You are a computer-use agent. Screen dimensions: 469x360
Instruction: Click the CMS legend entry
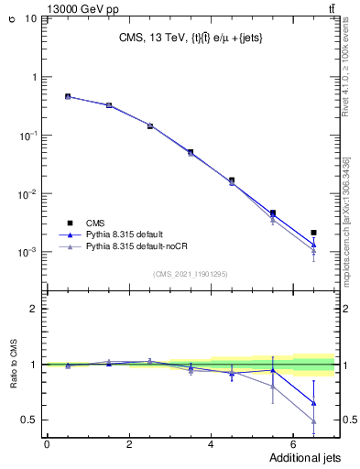point(94,223)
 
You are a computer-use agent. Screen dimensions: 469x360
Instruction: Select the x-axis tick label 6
point(293,443)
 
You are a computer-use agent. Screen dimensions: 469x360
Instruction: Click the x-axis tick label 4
point(212,443)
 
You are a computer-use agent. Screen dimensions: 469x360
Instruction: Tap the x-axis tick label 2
point(129,443)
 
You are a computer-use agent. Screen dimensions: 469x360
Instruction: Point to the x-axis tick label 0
point(48,443)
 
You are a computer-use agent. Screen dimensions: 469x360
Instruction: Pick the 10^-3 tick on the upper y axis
point(28,252)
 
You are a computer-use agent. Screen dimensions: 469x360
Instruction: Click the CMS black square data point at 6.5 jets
point(313,233)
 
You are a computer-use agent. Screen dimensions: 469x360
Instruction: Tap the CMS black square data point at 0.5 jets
point(68,96)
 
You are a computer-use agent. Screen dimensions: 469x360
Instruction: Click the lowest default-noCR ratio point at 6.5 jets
point(313,421)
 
